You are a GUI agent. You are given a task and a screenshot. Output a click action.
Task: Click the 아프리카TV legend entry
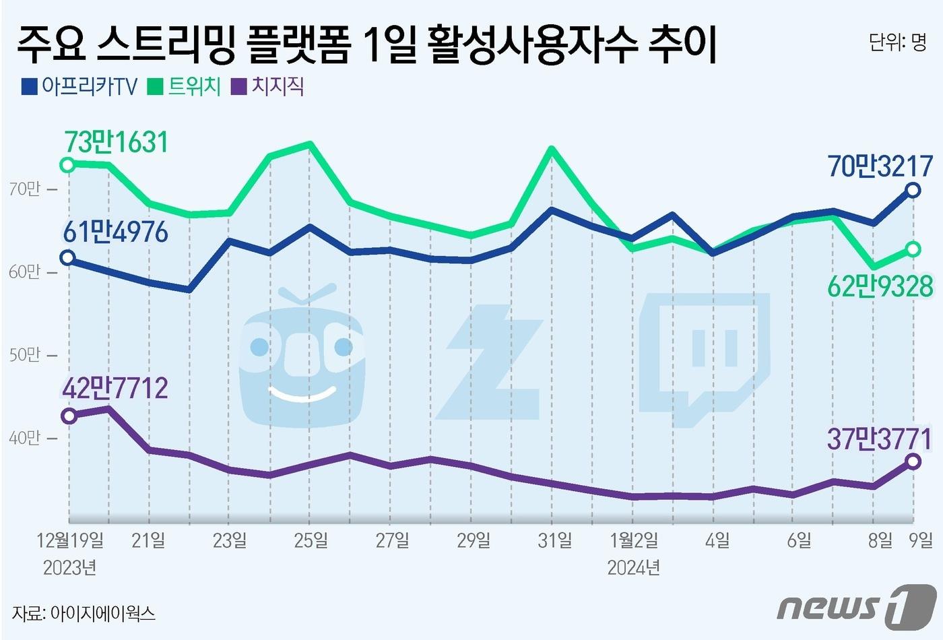point(80,87)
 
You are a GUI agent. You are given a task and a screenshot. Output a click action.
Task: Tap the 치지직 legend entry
point(267,87)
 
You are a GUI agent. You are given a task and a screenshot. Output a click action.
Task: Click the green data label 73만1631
point(116,142)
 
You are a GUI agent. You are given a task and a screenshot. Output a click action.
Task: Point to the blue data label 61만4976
point(115,232)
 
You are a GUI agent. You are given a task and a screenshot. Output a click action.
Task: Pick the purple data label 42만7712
point(115,389)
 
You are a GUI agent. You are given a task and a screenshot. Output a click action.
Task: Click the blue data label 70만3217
point(880,166)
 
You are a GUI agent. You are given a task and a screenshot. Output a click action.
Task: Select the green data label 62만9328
point(880,287)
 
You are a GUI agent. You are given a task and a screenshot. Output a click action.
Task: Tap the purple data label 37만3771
point(880,439)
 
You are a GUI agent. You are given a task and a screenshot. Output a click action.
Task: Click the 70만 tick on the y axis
point(25,189)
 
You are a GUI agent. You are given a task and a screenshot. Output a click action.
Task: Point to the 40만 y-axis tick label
point(25,438)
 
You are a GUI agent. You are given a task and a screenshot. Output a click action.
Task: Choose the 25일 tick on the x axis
point(311,540)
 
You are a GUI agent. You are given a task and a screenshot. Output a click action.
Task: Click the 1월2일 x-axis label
point(634,540)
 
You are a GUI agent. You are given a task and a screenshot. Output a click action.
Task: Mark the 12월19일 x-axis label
point(71,540)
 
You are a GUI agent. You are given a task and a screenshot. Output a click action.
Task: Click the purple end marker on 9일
point(913,461)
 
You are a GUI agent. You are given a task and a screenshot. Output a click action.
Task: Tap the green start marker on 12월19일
point(67,165)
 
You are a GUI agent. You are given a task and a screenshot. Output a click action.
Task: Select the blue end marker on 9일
point(913,190)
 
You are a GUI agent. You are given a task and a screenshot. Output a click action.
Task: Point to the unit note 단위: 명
point(897,43)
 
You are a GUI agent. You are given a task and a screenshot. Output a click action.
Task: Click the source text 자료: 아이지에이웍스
point(84,613)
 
